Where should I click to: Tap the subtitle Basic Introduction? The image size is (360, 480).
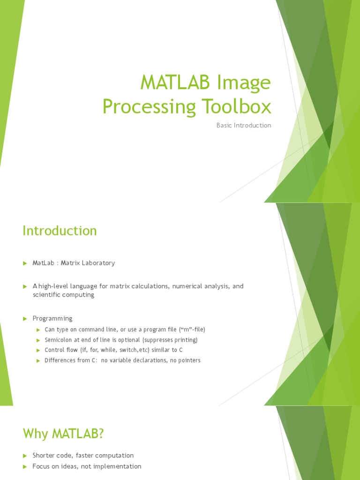pos(244,126)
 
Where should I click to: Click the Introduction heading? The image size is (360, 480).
pos(60,231)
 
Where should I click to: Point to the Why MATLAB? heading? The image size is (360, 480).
pos(63,434)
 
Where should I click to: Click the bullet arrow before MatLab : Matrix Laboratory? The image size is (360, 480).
pos(25,263)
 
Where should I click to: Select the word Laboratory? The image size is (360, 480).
pos(98,263)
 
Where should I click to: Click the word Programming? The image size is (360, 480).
pos(52,318)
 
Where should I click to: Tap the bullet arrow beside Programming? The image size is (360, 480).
pos(25,319)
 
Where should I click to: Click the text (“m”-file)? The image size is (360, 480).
pos(189,330)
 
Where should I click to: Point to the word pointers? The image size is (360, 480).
pos(188,360)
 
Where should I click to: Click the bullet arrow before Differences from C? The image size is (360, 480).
pos(39,360)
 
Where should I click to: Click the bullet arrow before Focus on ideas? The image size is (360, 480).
pos(25,467)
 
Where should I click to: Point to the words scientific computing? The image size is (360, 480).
pos(63,295)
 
